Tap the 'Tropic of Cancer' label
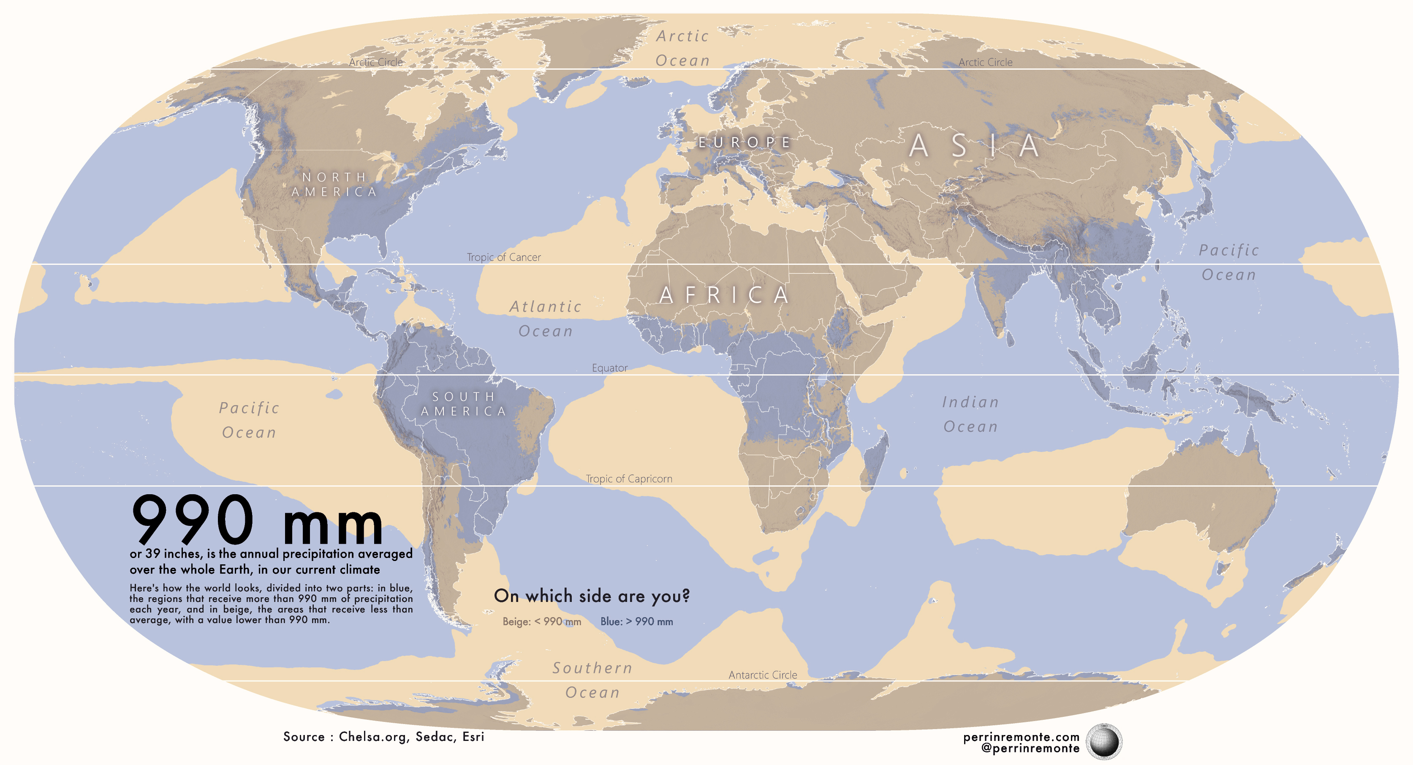pos(503,257)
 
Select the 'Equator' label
pos(609,368)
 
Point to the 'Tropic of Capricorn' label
pos(629,479)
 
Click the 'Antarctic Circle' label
pos(762,675)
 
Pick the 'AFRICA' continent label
pos(724,295)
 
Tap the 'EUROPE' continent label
pos(745,143)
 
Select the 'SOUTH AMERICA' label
pos(464,404)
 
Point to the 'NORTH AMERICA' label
pos(334,185)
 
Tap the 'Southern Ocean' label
pos(592,680)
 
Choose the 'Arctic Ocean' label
pos(682,48)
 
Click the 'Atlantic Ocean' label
pos(545,319)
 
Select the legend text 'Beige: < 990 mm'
pos(541,622)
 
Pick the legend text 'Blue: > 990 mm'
pos(636,622)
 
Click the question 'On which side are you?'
pos(591,596)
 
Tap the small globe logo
pos(1103,741)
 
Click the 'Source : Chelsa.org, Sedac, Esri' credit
pos(383,736)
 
